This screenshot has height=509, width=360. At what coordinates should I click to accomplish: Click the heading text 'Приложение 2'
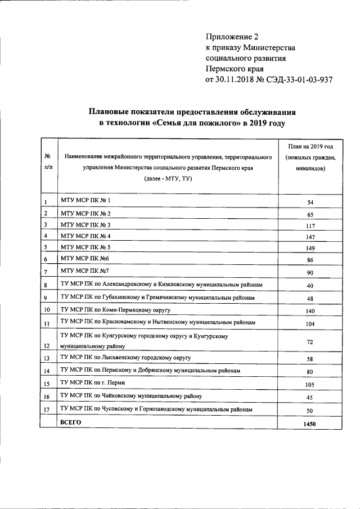[231, 37]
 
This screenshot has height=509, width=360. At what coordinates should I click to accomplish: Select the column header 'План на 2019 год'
[309, 146]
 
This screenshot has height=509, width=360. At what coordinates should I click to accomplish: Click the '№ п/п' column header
[48, 161]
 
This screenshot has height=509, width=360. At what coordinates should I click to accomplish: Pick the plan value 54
[309, 201]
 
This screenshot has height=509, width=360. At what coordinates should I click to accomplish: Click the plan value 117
[309, 226]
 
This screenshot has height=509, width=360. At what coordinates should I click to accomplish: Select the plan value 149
[309, 249]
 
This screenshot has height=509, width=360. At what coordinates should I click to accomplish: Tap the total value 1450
[309, 423]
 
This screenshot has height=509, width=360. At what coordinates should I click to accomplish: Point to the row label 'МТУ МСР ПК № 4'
[85, 236]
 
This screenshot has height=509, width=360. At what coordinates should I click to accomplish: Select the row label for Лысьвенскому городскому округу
[126, 358]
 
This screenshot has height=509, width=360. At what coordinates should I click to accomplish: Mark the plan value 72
[309, 342]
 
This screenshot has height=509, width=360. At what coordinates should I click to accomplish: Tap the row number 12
[47, 346]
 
